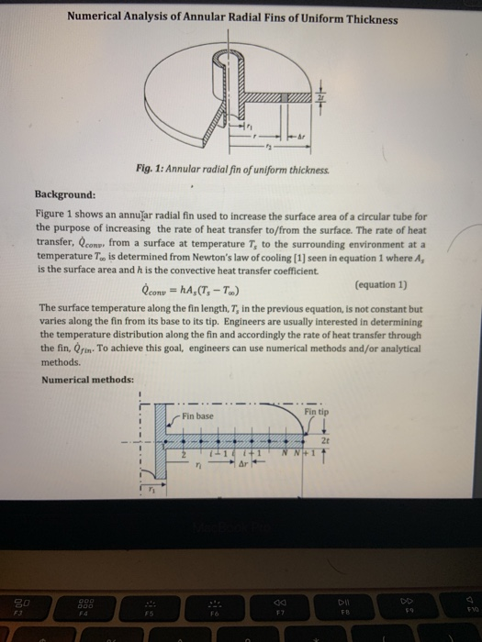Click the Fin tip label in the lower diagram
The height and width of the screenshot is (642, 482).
click(x=318, y=412)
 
